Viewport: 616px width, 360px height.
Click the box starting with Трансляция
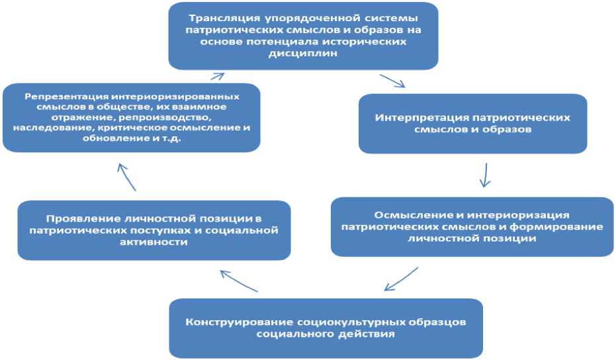click(x=303, y=35)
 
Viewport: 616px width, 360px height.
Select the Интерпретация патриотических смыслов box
click(x=472, y=123)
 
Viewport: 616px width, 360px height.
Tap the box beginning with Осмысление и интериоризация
click(x=472, y=227)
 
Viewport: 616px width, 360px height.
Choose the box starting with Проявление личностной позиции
click(x=154, y=230)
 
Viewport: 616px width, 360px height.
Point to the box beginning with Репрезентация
click(x=130, y=117)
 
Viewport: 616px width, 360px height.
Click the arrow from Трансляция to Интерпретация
click(x=392, y=81)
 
